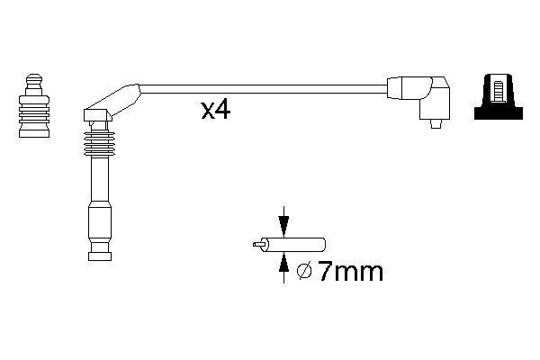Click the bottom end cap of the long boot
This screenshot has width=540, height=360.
pos(98,256)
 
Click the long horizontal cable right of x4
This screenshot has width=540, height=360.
pos(306,88)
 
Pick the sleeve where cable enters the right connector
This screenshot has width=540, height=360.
pos(398,88)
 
